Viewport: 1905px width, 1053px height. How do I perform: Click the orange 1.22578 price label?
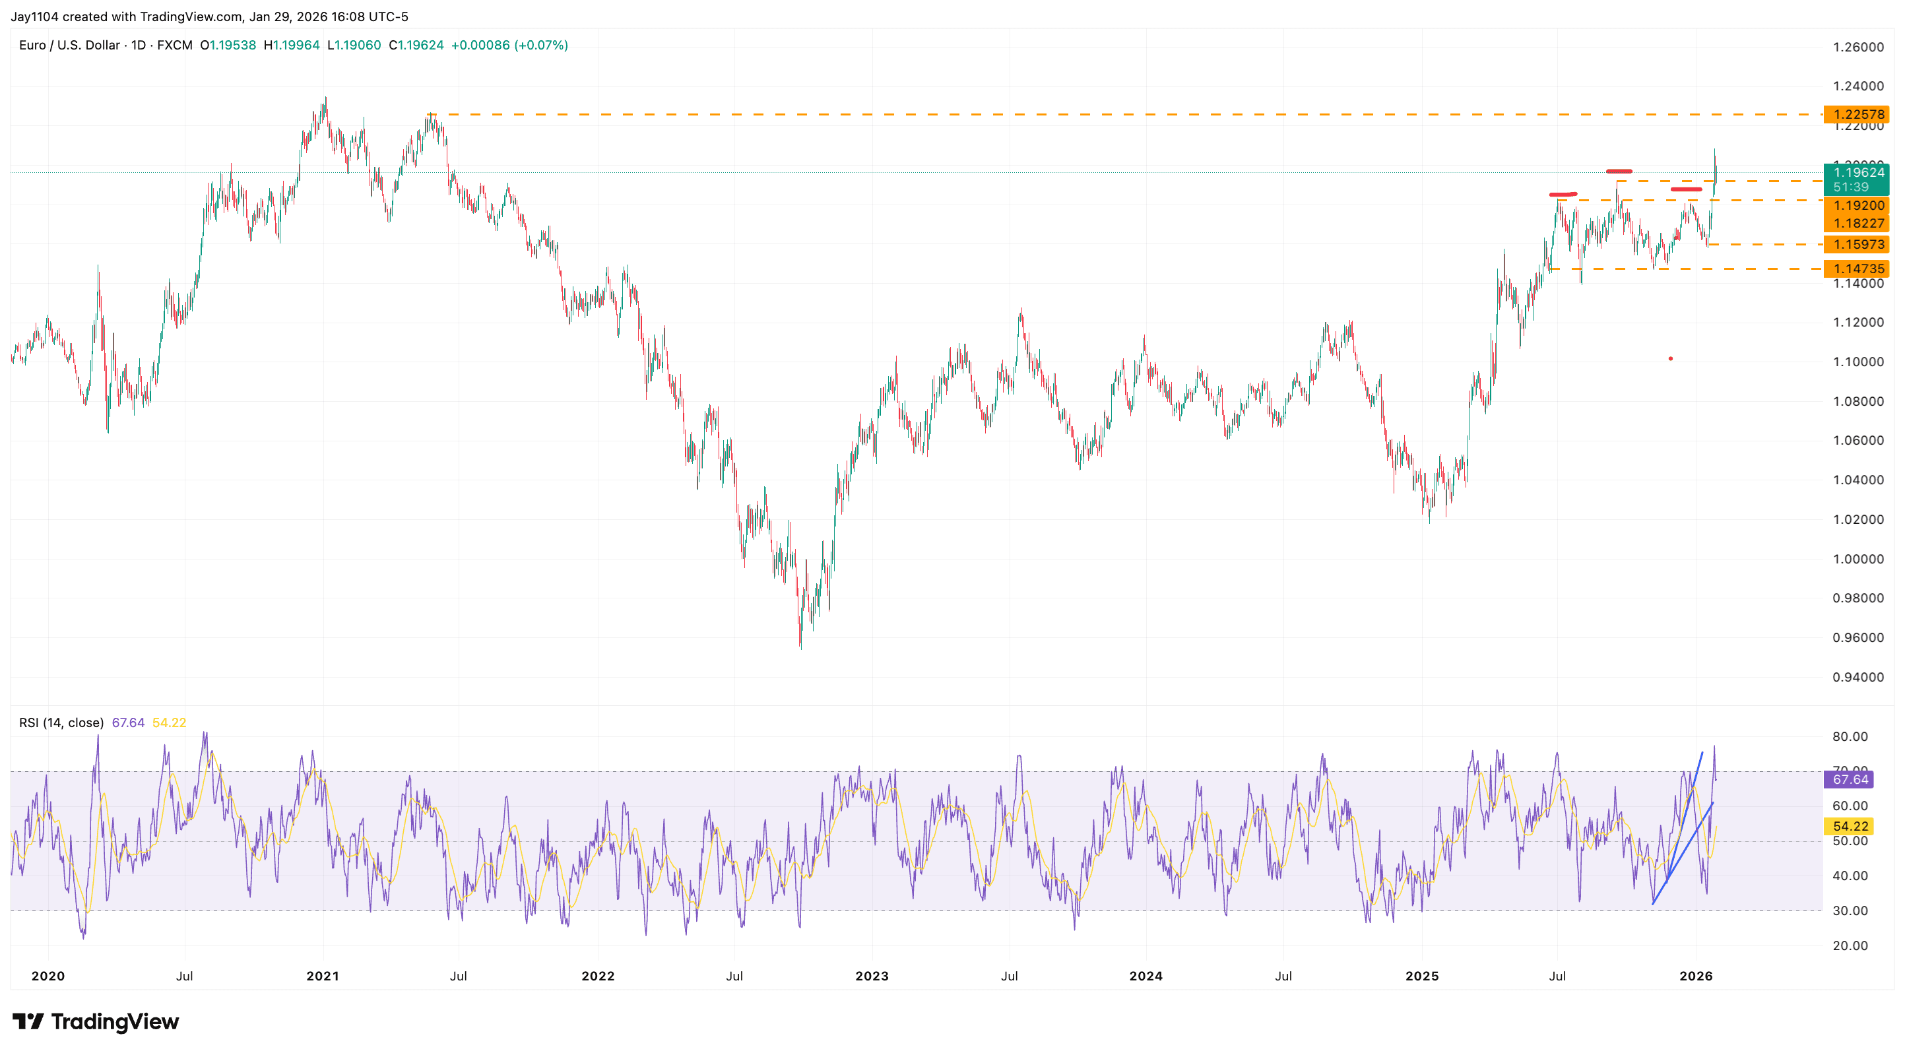(1857, 115)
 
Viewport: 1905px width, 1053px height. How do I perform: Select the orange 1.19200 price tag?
(1857, 206)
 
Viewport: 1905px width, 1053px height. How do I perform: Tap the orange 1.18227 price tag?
(1857, 223)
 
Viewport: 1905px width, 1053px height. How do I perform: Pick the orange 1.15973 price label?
(1857, 245)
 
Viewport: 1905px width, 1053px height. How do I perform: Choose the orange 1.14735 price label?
(1857, 269)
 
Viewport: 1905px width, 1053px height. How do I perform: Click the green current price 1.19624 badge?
(1857, 173)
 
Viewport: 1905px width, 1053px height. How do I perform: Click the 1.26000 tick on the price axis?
(1857, 48)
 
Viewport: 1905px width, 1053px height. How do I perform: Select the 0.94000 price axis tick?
(1857, 678)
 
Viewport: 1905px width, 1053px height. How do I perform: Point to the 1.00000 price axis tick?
(1857, 559)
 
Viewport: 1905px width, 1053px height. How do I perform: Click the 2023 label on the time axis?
(872, 976)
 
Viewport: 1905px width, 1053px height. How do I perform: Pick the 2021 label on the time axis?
(323, 976)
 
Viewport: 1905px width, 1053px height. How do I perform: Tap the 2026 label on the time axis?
(1696, 976)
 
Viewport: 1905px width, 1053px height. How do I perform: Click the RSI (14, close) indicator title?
(61, 722)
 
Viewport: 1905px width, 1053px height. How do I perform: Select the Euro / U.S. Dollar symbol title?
(69, 45)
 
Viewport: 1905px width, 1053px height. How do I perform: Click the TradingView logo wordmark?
(96, 1022)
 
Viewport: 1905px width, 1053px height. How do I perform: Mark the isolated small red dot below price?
(1671, 359)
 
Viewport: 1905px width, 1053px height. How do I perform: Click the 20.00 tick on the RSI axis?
(1850, 945)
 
